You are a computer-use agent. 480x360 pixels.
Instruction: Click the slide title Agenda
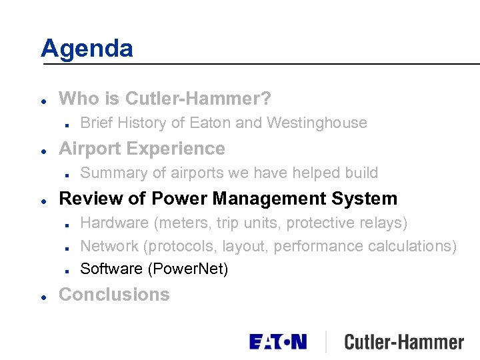tap(87, 48)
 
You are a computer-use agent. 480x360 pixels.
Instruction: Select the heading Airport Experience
tap(142, 148)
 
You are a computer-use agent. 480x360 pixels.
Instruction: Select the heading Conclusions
tap(114, 295)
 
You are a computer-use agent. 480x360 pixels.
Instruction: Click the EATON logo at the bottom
tap(278, 342)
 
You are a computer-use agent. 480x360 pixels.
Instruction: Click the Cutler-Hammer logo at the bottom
tap(404, 343)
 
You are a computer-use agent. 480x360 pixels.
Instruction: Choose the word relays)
tap(383, 223)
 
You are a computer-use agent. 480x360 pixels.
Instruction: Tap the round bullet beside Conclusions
tap(43, 295)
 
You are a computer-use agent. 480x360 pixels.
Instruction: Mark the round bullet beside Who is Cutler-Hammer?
tap(43, 100)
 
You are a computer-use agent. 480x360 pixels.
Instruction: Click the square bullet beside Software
tap(69, 270)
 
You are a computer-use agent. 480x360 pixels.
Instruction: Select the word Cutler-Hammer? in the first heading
tap(198, 99)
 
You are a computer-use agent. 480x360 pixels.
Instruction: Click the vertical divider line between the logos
tap(325, 342)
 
